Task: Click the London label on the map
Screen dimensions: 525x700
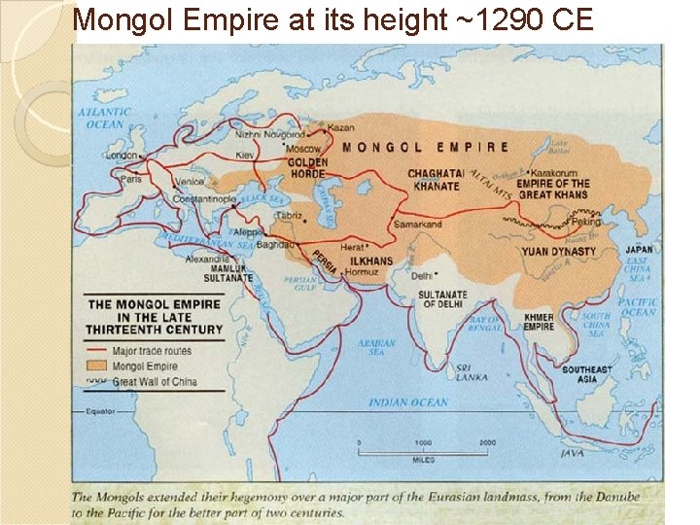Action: point(122,156)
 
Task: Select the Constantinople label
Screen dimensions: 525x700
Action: point(204,199)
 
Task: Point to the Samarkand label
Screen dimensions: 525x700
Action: point(417,225)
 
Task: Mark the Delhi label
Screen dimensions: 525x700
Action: point(421,275)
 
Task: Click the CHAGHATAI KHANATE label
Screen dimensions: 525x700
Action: point(436,180)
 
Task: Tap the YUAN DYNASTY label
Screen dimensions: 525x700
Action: point(558,252)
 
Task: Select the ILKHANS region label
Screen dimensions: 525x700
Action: point(372,261)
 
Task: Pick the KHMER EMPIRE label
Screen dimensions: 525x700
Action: point(539,322)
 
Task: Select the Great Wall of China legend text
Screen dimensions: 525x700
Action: point(155,382)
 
